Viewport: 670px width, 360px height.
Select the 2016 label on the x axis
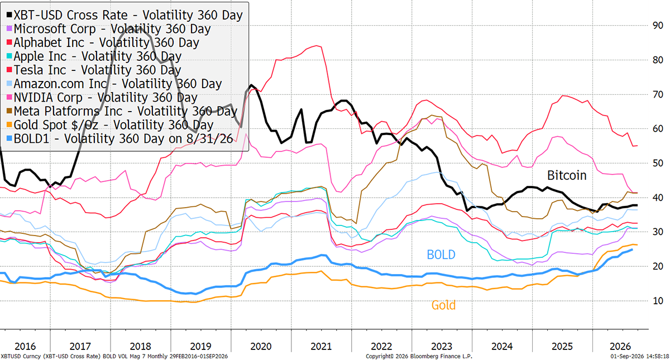point(25,347)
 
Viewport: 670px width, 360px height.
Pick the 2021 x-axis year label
point(321,347)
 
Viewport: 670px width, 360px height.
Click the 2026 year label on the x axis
point(620,347)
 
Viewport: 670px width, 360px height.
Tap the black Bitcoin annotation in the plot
point(567,175)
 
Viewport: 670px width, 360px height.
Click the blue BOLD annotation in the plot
point(441,255)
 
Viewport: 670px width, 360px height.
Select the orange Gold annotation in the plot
point(443,305)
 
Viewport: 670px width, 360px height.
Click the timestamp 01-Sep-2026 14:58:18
point(638,357)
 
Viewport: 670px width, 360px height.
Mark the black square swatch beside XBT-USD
point(9,15)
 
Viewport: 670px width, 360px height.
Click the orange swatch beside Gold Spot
point(9,125)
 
